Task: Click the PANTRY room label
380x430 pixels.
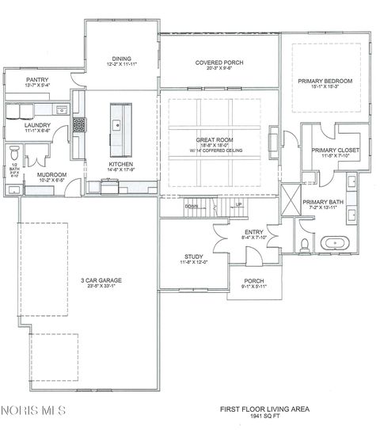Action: pyautogui.click(x=37, y=80)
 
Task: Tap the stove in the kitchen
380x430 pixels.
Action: pyautogui.click(x=79, y=124)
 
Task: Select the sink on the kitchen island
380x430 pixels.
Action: pyautogui.click(x=116, y=124)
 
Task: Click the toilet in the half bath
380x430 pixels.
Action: pyautogui.click(x=14, y=153)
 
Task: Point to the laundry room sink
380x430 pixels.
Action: pyautogui.click(x=60, y=110)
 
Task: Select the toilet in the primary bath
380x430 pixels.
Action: pyautogui.click(x=306, y=241)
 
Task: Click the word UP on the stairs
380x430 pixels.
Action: pyautogui.click(x=238, y=205)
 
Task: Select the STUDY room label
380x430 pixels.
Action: pyautogui.click(x=194, y=257)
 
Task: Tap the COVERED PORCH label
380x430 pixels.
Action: pyautogui.click(x=218, y=62)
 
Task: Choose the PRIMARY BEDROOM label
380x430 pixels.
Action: pyautogui.click(x=325, y=81)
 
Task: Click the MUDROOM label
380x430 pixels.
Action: pyautogui.click(x=51, y=174)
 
